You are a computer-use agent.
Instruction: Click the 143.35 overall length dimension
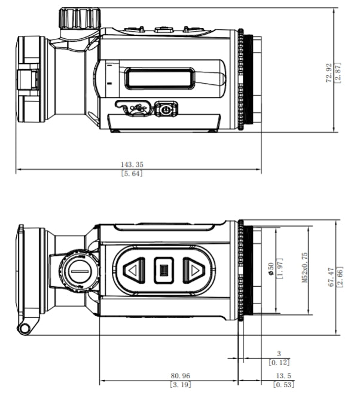pos(132,164)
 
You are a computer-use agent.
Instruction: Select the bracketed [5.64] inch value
pos(132,173)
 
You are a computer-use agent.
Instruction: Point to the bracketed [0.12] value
pos(279,362)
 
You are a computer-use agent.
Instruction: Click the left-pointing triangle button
pos(133,271)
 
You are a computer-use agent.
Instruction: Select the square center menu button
pos(163,271)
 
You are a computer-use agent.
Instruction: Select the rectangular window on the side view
pos(158,78)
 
